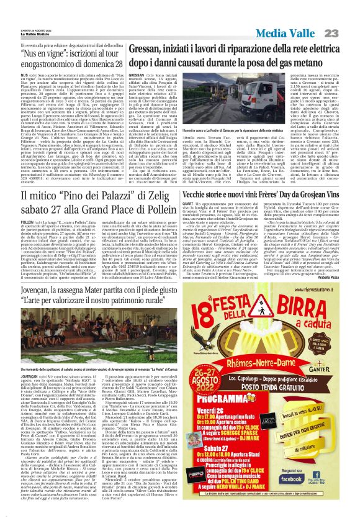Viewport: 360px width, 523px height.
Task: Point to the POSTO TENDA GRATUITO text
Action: [x=291, y=395]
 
